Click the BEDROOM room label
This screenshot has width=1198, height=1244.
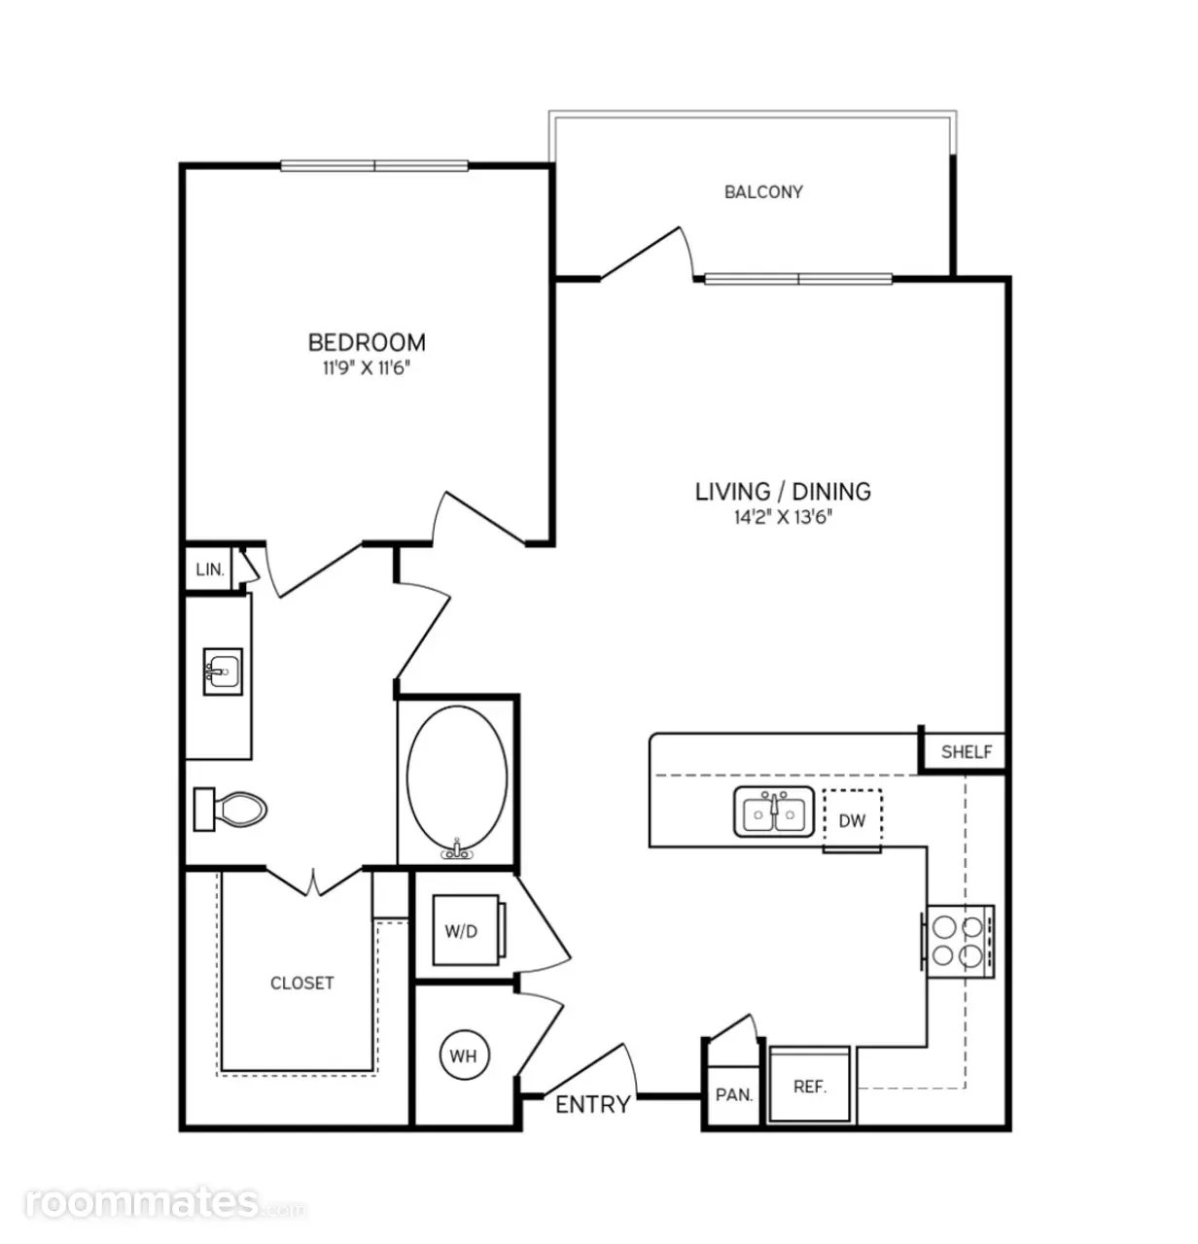tap(367, 343)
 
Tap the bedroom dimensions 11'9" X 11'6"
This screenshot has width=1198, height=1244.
tap(366, 368)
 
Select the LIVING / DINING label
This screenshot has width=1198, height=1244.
tap(783, 492)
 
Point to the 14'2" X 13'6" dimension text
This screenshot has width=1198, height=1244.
tap(783, 517)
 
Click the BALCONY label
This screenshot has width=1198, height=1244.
tap(763, 191)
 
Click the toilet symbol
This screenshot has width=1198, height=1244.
tap(230, 810)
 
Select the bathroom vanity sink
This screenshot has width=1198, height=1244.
tap(223, 672)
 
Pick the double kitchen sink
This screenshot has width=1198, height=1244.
tap(774, 812)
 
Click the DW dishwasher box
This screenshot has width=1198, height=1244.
tap(852, 820)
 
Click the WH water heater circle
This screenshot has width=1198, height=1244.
tap(465, 1055)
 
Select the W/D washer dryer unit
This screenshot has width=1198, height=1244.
tap(467, 930)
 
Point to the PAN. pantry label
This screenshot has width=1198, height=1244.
tap(733, 1095)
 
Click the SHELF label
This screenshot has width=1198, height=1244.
tap(967, 752)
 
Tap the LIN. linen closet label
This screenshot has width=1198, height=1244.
tap(210, 570)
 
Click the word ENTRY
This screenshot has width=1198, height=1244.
tap(593, 1105)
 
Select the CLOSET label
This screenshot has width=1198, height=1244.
tap(301, 984)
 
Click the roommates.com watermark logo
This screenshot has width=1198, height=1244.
tap(165, 1203)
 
